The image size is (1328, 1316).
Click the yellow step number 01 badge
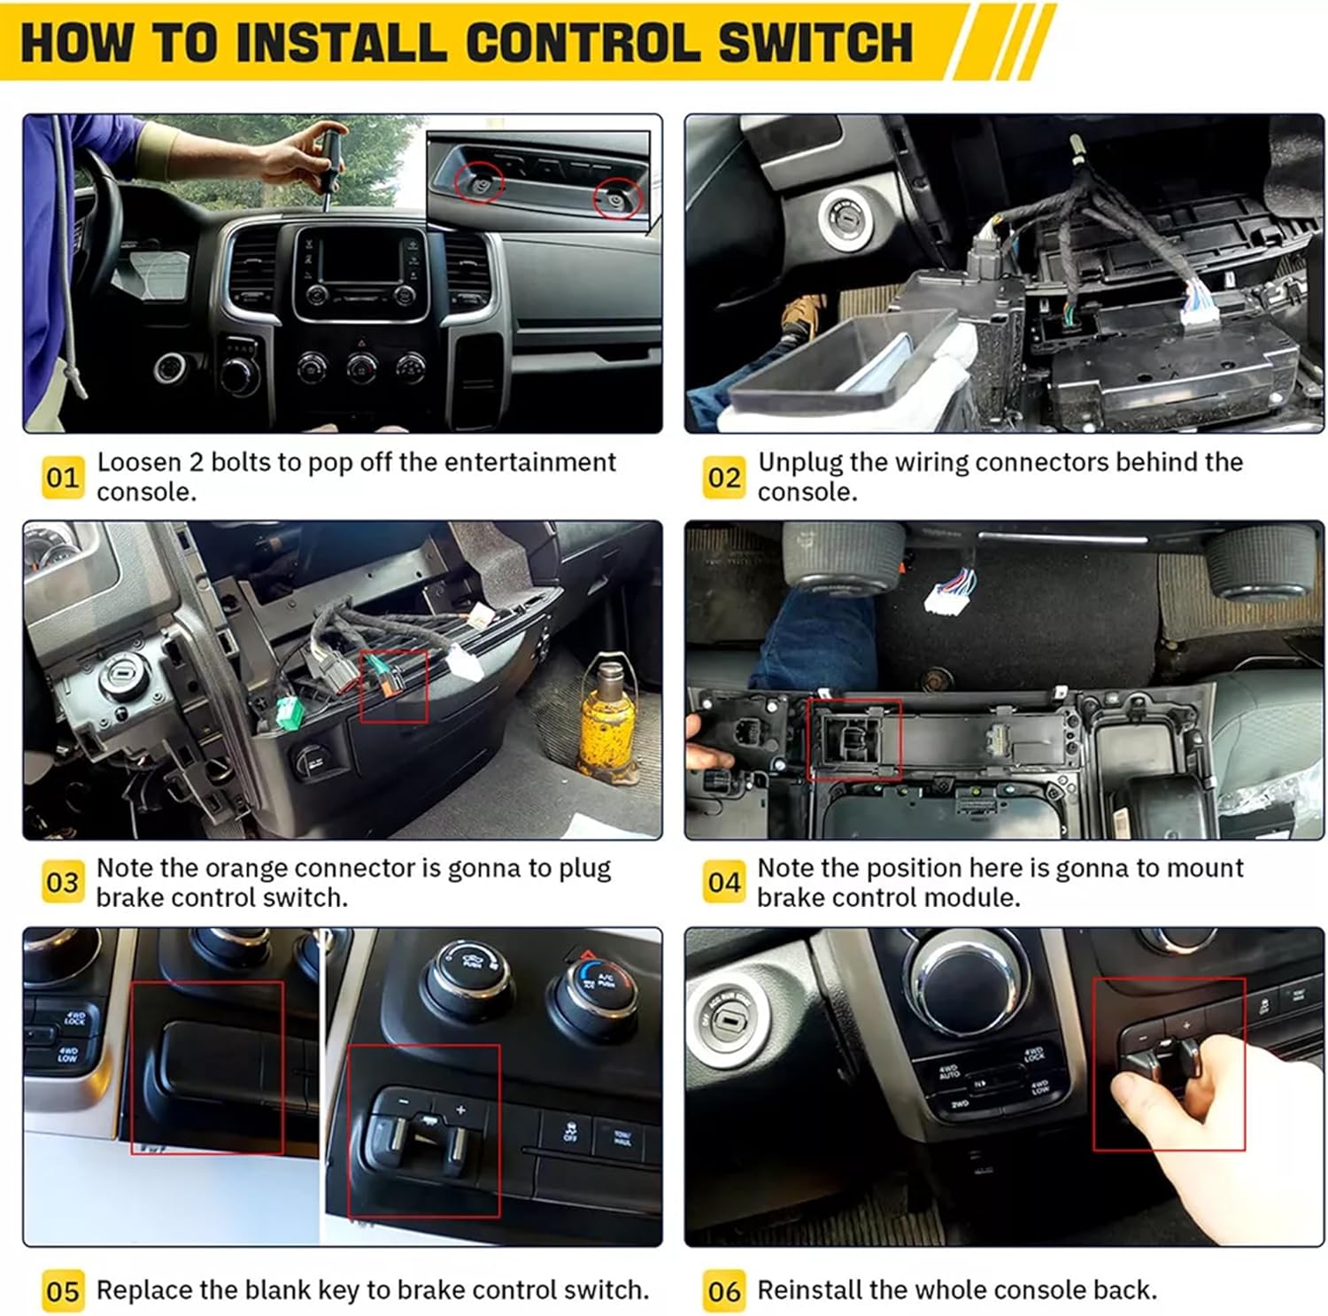tap(63, 477)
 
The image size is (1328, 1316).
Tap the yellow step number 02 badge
tap(723, 477)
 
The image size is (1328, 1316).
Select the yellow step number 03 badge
tap(63, 882)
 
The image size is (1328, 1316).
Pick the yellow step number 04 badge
tap(723, 882)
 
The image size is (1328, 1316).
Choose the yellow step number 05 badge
tap(63, 1291)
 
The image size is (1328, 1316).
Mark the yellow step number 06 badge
tap(723, 1291)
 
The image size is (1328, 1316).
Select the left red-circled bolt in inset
tap(479, 183)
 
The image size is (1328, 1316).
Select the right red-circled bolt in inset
tap(616, 198)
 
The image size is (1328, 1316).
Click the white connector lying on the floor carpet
tap(950, 594)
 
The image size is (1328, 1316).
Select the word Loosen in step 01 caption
tap(139, 462)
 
